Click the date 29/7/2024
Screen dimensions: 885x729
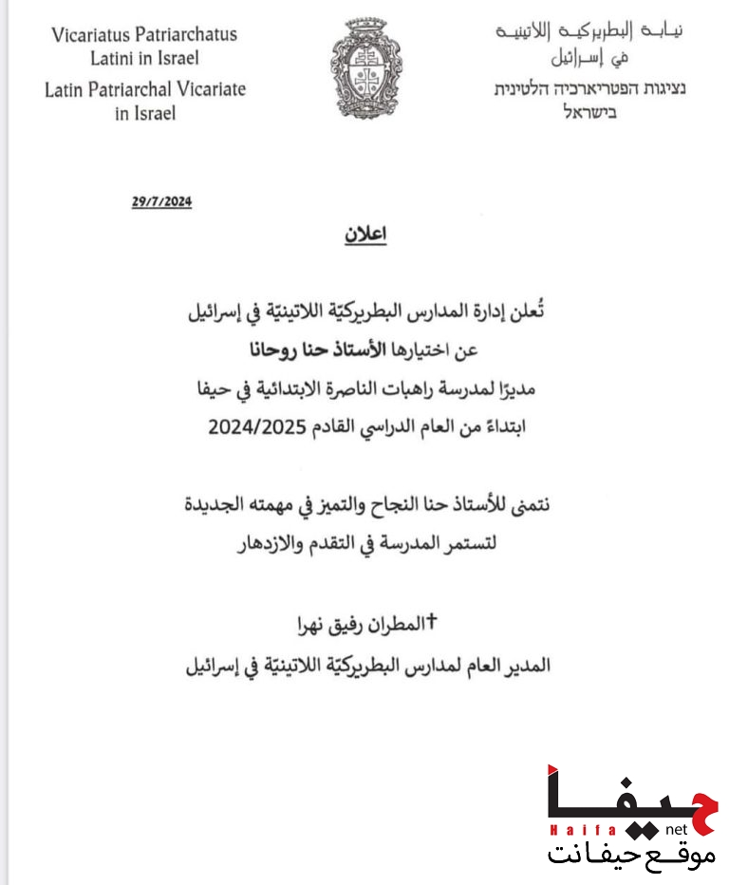click(x=162, y=201)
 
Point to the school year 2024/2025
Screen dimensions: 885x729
click(x=262, y=427)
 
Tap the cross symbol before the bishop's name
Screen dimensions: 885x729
click(x=435, y=622)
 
